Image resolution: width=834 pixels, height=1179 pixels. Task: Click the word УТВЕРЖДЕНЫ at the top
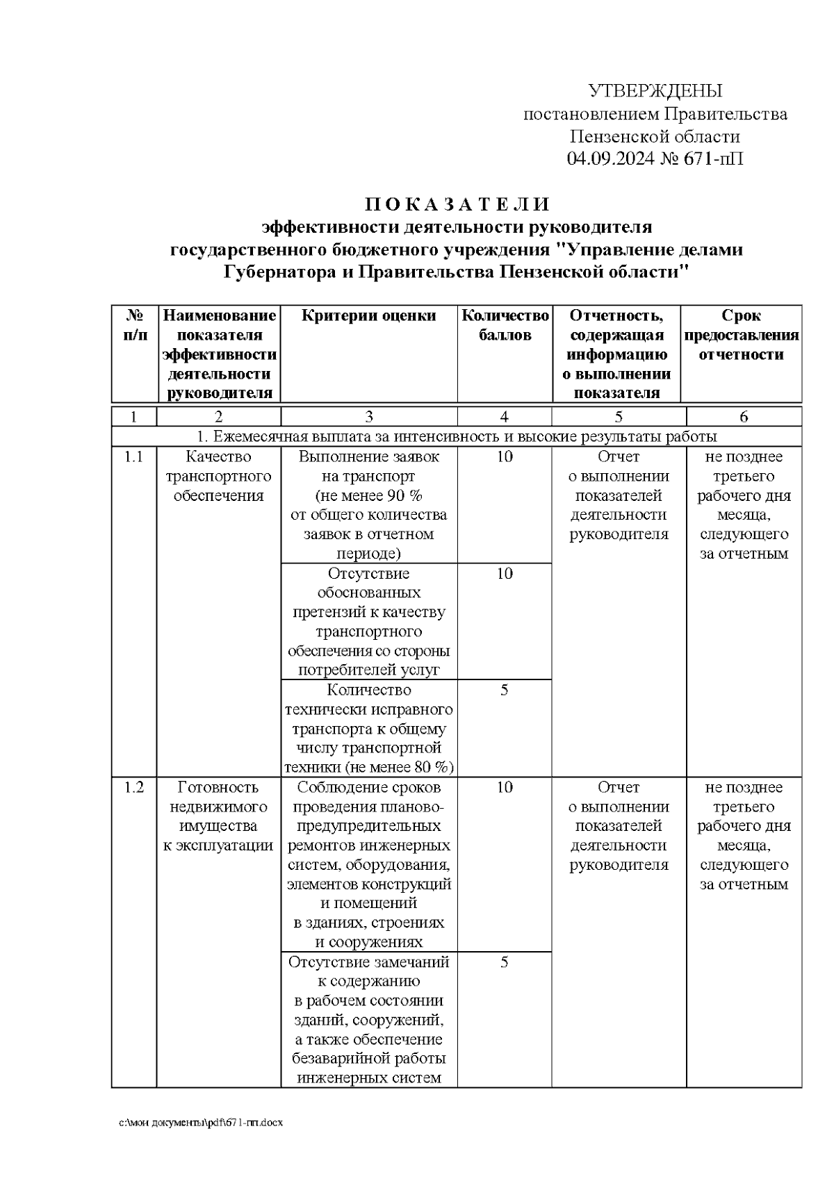coord(655,91)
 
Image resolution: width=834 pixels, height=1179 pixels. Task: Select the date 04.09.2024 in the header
coord(610,159)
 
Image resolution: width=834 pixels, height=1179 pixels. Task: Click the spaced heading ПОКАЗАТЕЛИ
coord(458,204)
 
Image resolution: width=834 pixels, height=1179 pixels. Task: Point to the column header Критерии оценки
coord(369,316)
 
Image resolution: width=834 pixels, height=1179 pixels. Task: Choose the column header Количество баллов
coord(505,325)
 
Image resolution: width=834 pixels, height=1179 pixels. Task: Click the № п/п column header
coord(134,325)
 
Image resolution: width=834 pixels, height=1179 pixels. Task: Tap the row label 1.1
coord(133,457)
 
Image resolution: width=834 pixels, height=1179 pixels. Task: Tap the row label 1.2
coord(133,788)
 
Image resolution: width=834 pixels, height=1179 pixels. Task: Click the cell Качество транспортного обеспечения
coord(219,477)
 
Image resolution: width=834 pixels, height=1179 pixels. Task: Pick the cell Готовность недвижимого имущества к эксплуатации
coord(219,816)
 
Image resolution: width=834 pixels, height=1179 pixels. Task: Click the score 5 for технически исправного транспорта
coord(505,691)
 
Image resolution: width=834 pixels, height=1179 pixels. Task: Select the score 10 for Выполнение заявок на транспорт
coord(505,457)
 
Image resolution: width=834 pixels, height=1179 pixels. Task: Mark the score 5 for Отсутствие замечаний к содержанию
coord(505,962)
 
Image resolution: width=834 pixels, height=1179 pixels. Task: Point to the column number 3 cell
coord(369,417)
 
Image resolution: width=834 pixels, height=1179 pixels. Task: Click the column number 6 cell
coord(744,417)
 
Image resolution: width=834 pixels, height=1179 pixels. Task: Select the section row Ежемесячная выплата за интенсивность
coord(457,437)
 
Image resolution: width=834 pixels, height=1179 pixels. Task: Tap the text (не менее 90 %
coord(369,496)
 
